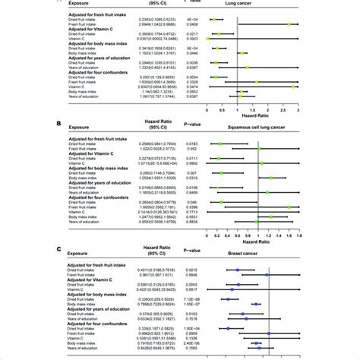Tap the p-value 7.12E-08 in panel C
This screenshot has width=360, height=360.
175,299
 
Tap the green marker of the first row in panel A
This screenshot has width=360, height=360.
216,18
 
